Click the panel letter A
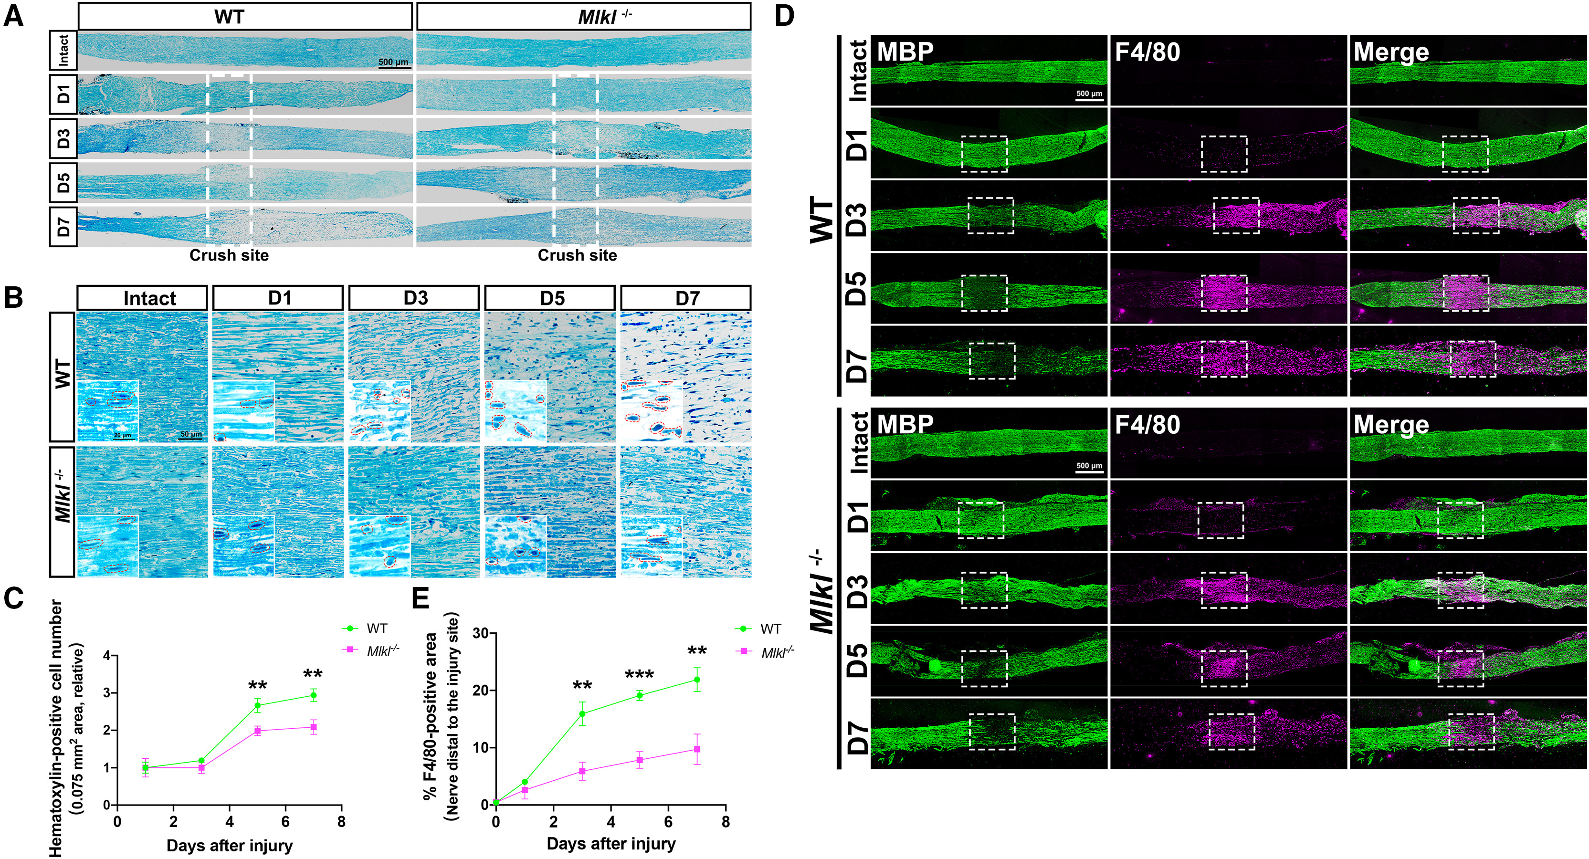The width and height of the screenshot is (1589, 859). click(13, 15)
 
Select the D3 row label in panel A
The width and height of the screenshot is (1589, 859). click(63, 138)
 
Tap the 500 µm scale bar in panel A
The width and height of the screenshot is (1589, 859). click(393, 63)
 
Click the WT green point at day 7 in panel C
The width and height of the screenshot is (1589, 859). click(313, 696)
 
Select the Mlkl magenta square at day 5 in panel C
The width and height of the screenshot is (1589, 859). click(257, 731)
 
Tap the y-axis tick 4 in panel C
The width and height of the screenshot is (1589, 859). click(107, 656)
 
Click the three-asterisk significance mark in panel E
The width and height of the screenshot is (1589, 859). click(639, 675)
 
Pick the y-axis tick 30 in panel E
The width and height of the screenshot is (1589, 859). click(481, 633)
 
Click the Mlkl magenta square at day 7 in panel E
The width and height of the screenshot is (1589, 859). click(697, 749)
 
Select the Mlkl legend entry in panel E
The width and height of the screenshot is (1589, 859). click(765, 652)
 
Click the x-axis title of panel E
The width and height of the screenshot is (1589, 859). click(610, 844)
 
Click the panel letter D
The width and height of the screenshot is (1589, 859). click(783, 15)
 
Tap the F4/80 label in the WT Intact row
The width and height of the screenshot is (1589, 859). click(1147, 52)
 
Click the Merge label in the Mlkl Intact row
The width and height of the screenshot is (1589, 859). click(1391, 425)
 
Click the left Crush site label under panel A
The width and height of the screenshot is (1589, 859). click(229, 255)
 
